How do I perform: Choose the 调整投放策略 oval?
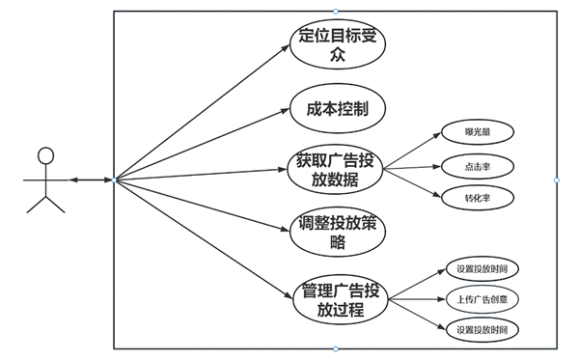coord(337,233)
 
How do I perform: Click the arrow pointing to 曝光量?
coord(409,149)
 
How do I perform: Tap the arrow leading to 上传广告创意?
coord(414,300)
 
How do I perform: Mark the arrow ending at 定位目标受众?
coord(203,111)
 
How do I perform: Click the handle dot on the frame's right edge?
coord(557,180)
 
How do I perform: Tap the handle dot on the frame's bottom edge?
coord(336,348)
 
